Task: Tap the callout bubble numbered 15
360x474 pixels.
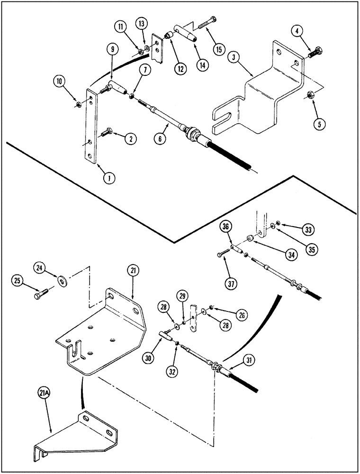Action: (218, 48)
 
